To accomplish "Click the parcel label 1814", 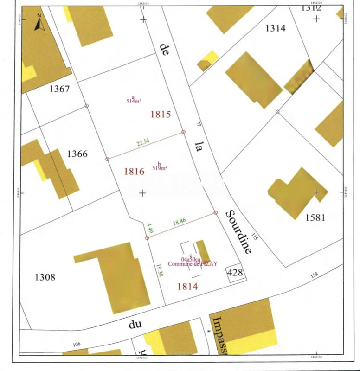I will coord(187,287).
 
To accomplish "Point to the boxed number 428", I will coord(235,273).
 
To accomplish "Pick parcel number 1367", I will coord(59,89).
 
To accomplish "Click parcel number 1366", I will coord(77,154).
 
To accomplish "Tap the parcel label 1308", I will coord(45,277).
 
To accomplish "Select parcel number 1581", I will coord(315,217).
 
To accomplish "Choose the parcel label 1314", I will coord(275,28).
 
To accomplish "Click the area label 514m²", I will coord(134,101).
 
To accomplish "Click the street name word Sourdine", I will coord(238,232).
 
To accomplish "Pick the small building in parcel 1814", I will coord(203,252).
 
